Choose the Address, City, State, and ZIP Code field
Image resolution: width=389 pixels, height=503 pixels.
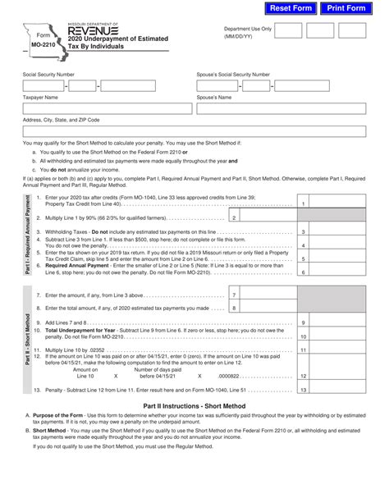click(193, 131)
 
